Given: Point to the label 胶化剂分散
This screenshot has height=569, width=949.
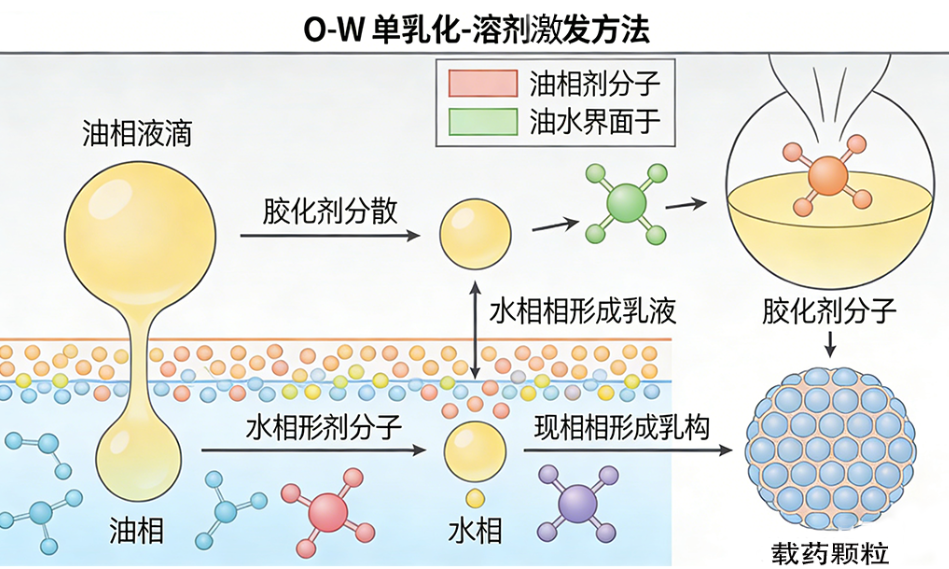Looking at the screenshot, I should (x=330, y=210).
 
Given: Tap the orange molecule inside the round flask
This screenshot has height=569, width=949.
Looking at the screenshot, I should (x=826, y=176).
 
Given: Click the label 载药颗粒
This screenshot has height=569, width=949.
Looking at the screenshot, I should (x=830, y=551).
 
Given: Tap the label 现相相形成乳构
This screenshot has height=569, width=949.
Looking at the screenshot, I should (x=620, y=427).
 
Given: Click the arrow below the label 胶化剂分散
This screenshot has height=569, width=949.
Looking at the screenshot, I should (x=330, y=236).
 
